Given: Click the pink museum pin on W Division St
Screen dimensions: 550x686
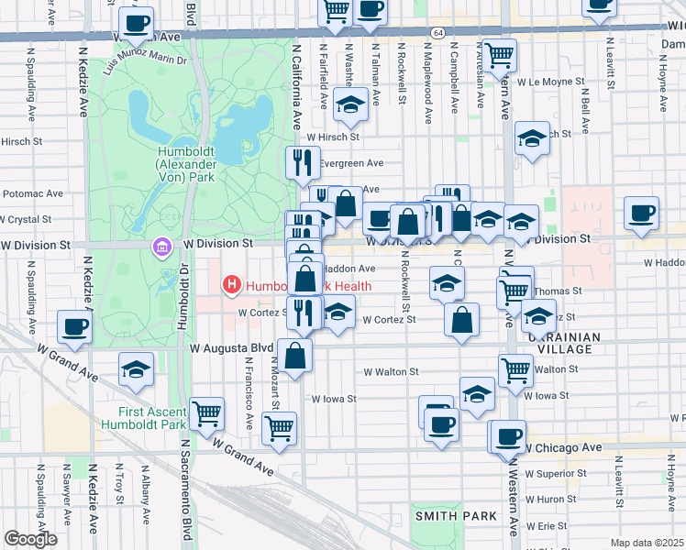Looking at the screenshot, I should [162, 247].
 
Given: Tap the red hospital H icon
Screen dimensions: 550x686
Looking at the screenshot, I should [232, 286].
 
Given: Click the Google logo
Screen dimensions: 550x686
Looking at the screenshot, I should [29, 539].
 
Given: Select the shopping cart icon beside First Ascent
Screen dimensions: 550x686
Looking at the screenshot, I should [207, 413].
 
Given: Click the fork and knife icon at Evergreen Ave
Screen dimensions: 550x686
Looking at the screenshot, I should [303, 163].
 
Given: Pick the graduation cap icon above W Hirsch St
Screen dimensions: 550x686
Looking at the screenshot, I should [350, 105].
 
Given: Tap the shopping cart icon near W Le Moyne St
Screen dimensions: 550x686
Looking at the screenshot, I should [500, 55].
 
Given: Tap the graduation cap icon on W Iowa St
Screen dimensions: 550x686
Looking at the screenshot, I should [477, 393].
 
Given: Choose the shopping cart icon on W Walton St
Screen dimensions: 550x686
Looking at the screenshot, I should [516, 369].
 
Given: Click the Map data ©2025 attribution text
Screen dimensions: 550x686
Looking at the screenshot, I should [647, 543].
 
